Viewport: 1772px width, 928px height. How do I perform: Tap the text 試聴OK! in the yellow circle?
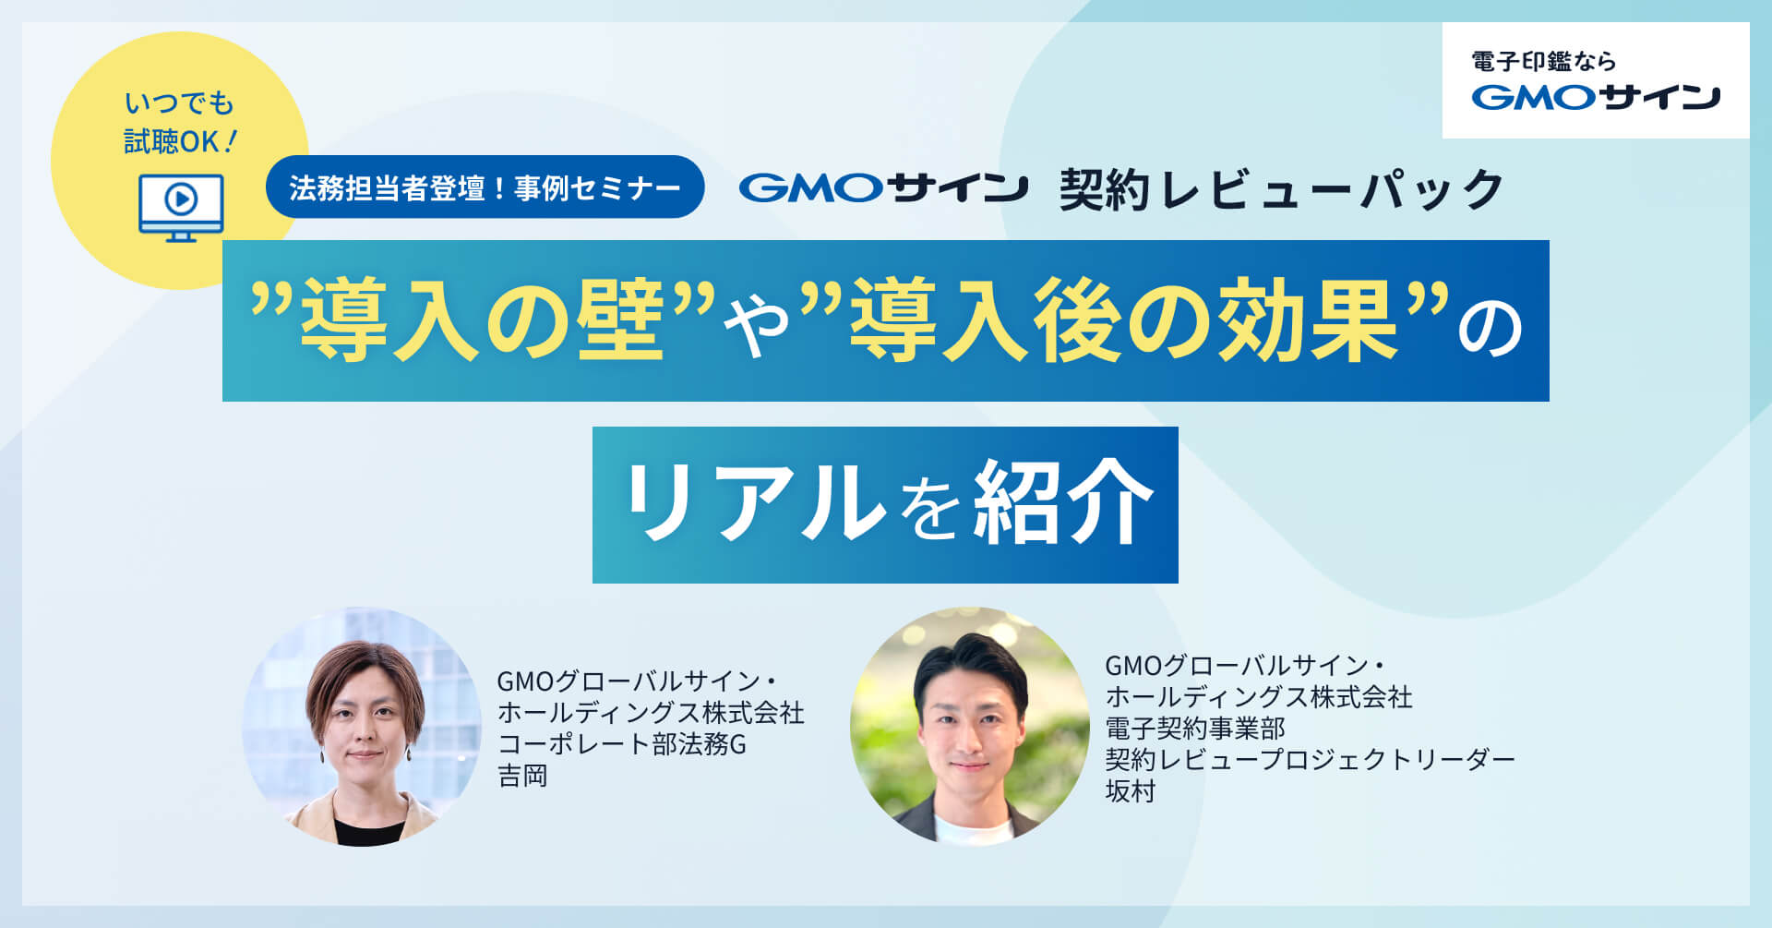[x=181, y=141]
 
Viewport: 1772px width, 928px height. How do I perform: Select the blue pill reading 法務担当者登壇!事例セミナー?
[x=485, y=187]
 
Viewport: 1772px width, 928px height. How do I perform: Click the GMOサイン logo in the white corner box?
[x=1596, y=97]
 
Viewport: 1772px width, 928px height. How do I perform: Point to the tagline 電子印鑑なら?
[x=1543, y=62]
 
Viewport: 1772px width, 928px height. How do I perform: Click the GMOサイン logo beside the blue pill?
[x=883, y=188]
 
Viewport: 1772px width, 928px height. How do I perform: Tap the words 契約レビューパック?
[x=1281, y=189]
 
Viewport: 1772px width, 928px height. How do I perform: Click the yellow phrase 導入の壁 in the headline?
[x=482, y=320]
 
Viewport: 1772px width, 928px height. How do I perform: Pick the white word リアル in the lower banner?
[x=754, y=503]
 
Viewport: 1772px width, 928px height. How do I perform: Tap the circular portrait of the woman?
[x=362, y=727]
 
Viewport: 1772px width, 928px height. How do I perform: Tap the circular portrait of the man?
[x=970, y=727]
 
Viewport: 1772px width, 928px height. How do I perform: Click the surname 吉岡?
[x=523, y=776]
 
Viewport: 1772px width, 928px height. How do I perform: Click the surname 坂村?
[x=1131, y=791]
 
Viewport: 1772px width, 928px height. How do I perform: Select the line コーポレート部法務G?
[x=622, y=744]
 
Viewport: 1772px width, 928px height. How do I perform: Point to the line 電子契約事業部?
[x=1195, y=729]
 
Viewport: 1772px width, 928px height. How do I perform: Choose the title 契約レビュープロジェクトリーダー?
[x=1311, y=760]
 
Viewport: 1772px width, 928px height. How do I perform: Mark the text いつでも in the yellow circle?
[x=180, y=102]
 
